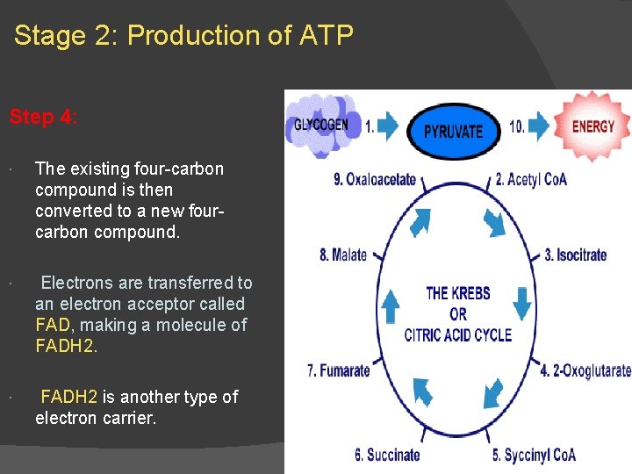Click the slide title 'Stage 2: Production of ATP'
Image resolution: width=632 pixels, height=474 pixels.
click(x=183, y=36)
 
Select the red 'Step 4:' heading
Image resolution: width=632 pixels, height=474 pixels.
click(x=44, y=118)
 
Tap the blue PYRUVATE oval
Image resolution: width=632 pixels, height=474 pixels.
click(x=453, y=131)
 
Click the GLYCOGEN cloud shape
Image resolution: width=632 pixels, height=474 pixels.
click(x=320, y=123)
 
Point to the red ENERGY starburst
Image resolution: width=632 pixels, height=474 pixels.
click(x=592, y=126)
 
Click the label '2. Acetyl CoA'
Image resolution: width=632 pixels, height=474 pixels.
click(x=531, y=179)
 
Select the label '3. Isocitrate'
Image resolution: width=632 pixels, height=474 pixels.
click(x=575, y=255)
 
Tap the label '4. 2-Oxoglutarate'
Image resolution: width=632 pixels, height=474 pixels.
click(x=585, y=370)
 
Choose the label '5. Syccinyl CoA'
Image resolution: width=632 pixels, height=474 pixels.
click(x=534, y=455)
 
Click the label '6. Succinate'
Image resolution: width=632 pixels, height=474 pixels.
click(x=387, y=455)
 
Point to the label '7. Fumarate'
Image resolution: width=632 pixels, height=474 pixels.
click(x=339, y=370)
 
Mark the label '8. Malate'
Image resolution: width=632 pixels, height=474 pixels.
click(x=343, y=255)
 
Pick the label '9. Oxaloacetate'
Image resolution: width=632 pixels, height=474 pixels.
click(x=375, y=179)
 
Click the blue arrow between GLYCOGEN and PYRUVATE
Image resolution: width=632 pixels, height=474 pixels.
click(x=386, y=126)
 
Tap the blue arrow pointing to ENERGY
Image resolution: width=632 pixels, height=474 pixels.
click(x=538, y=126)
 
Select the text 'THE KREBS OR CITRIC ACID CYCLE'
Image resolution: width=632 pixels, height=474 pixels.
click(x=457, y=313)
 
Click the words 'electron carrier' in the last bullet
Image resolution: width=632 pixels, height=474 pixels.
click(x=95, y=418)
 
